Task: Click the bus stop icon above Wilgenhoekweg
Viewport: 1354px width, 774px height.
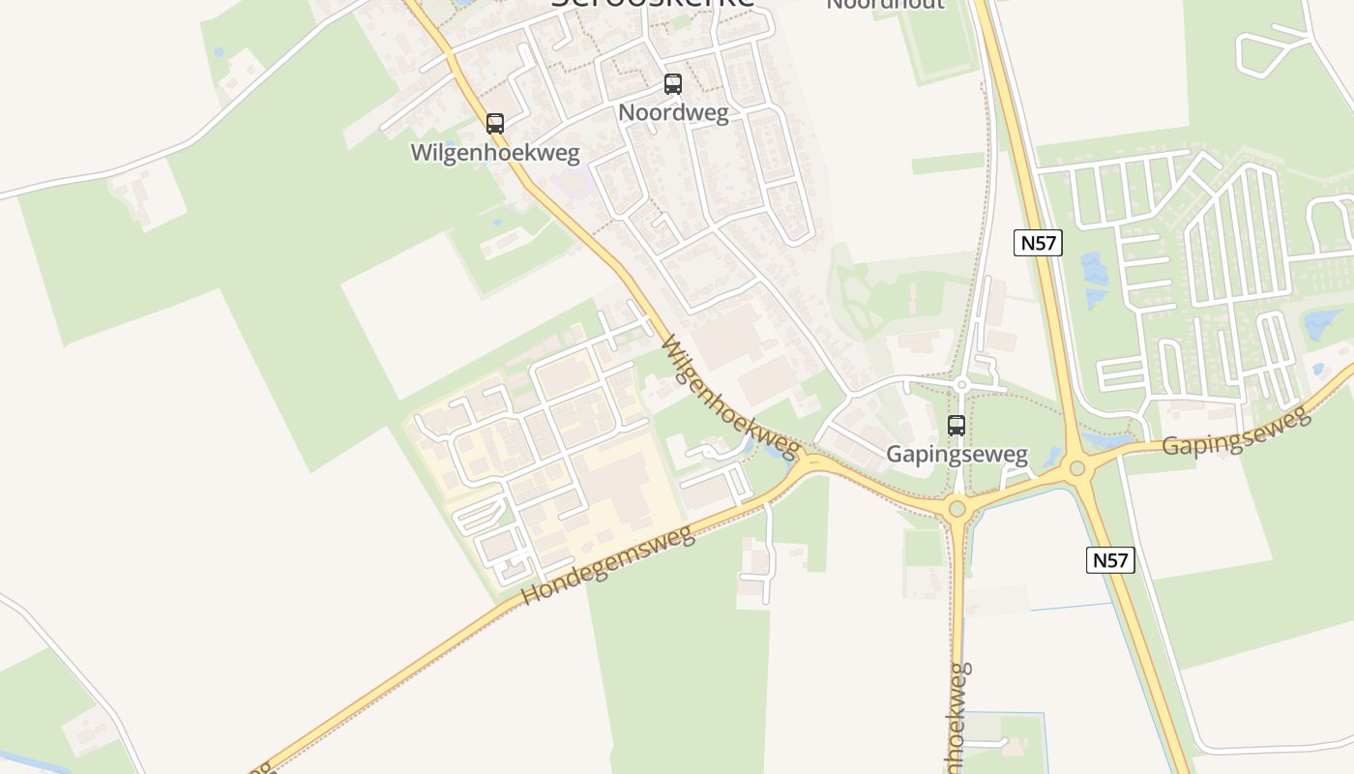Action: [x=495, y=124]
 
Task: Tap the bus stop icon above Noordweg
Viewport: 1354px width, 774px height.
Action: [x=673, y=84]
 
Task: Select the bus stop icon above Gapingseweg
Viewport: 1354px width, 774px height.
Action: [x=957, y=425]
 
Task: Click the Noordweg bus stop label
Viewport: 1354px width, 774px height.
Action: [x=673, y=112]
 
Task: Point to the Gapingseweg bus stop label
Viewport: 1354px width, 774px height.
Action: [x=957, y=454]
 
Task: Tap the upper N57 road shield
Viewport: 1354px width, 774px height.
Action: [x=1038, y=243]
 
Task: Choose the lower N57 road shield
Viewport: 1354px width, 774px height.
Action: [x=1109, y=559]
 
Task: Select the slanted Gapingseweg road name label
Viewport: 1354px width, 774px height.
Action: [x=1235, y=432]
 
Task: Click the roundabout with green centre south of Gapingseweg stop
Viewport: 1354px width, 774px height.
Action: [x=957, y=508]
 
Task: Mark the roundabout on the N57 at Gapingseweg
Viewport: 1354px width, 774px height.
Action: [x=1077, y=469]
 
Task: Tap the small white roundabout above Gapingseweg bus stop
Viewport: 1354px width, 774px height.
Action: [x=960, y=385]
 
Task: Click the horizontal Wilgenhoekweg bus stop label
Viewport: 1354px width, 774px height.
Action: [x=495, y=153]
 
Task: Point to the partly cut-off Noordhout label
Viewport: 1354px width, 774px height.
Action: [x=885, y=5]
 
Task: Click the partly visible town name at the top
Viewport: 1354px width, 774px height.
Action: [x=653, y=4]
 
